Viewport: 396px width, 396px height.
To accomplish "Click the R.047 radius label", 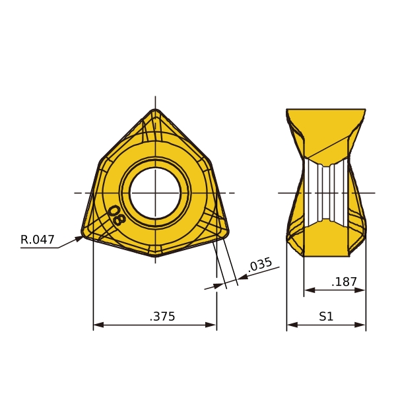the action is (38, 240).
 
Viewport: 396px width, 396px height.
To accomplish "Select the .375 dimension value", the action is (162, 316).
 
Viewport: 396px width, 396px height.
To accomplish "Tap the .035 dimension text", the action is (260, 264).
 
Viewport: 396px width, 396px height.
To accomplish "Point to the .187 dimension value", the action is (344, 282).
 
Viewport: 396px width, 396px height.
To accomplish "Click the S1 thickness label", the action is (326, 316).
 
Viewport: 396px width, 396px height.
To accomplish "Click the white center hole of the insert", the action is (155, 193).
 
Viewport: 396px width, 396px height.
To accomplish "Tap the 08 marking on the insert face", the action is (116, 215).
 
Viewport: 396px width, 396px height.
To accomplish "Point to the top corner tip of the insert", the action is (155, 109).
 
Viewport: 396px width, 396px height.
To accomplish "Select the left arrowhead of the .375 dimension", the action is (98, 325).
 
